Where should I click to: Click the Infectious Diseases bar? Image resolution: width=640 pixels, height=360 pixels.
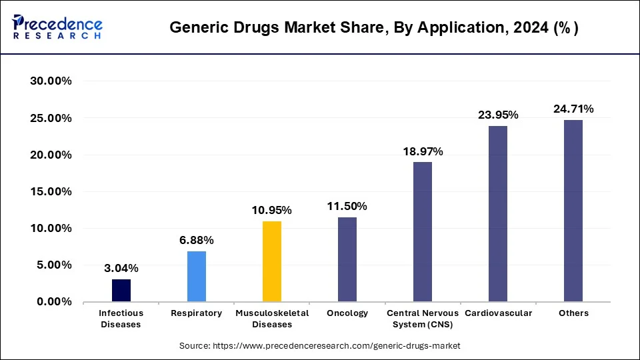tap(121, 291)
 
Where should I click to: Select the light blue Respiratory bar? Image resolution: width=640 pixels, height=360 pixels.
tap(197, 277)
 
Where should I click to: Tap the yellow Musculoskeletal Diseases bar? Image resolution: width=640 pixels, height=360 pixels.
tap(272, 261)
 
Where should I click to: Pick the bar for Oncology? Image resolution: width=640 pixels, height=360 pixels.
tap(347, 259)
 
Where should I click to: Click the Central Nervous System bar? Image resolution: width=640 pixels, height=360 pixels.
tap(423, 232)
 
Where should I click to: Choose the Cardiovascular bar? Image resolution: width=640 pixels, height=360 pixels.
tap(498, 213)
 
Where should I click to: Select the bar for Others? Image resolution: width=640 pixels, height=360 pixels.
tap(573, 211)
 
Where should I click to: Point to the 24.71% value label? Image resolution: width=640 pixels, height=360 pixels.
tap(573, 109)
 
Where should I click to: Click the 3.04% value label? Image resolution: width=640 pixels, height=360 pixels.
tap(121, 268)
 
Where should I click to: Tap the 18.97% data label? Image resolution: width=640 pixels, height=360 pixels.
tap(423, 151)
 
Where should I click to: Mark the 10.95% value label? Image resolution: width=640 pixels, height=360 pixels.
tap(272, 210)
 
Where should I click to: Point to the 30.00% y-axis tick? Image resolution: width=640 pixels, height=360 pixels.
tap(51, 81)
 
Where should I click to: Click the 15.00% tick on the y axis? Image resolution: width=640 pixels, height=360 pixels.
tap(51, 191)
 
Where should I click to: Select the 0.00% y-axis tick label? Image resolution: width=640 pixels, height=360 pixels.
tap(54, 301)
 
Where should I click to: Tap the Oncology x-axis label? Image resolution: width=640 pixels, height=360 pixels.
tap(347, 313)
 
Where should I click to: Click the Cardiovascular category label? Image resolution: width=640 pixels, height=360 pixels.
tap(498, 313)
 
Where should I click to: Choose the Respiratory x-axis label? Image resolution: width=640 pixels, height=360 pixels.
tap(197, 313)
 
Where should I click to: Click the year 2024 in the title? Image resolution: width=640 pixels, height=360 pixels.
tap(523, 28)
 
